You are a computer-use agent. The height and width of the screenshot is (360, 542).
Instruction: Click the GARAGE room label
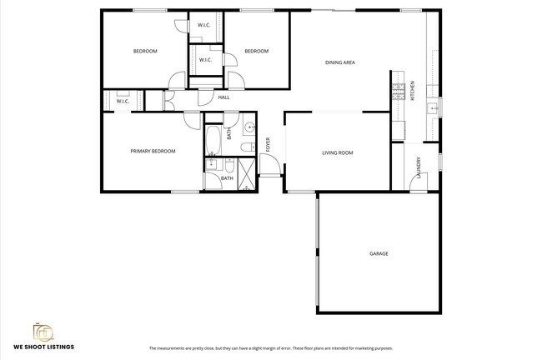[x=379, y=253]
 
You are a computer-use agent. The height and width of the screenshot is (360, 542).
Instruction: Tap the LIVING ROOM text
[x=338, y=152]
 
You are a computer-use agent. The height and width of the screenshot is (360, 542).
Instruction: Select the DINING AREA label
[x=340, y=62]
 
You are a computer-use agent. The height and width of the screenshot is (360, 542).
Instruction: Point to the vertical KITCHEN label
[x=413, y=90]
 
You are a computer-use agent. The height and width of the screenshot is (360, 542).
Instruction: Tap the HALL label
[x=223, y=97]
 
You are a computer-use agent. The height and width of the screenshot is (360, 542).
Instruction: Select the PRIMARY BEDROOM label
[x=153, y=151]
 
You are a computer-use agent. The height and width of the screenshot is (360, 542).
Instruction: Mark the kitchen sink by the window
[x=432, y=108]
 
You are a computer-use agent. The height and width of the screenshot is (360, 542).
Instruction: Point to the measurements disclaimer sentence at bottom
[x=270, y=347]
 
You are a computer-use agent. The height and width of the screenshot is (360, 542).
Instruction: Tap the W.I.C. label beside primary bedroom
[x=122, y=102]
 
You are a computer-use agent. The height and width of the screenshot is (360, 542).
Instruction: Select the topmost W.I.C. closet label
[x=204, y=25]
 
